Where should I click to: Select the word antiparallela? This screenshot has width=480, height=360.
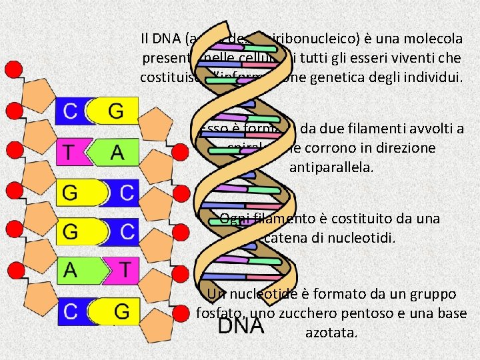click(331, 166)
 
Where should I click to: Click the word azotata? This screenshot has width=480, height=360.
click(331, 331)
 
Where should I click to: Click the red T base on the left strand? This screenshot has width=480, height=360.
click(71, 152)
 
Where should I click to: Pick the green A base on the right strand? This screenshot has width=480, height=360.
click(117, 153)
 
